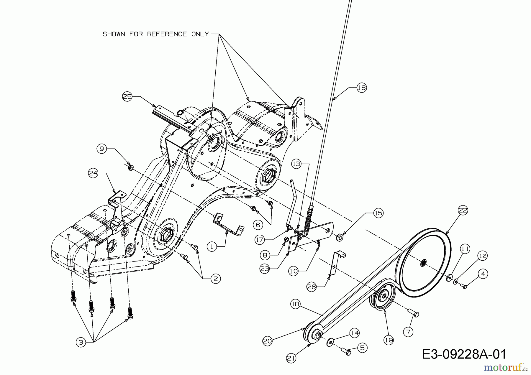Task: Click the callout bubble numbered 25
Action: click(127, 97)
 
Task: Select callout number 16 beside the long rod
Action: click(362, 88)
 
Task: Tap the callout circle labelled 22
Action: click(463, 210)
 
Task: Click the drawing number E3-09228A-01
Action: click(464, 354)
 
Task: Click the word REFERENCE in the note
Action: click(167, 34)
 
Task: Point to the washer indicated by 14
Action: click(330, 343)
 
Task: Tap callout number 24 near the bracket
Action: click(93, 173)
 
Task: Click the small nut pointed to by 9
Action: click(130, 168)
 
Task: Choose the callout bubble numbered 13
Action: click(296, 164)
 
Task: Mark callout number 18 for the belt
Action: click(295, 304)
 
